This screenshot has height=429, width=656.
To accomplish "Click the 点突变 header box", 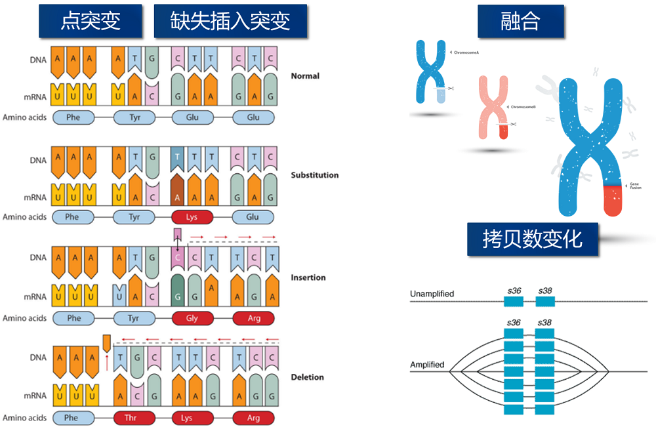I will coord(91,21).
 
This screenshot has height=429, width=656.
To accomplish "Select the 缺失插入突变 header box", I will coord(231,21).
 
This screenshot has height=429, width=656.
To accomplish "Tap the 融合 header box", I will coord(520,21).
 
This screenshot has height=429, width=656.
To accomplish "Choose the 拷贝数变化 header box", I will coord(533,239).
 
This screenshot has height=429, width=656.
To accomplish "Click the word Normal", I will coord(305,76).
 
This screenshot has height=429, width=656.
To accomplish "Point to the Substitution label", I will coord(315,175).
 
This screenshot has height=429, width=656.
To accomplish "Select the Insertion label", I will coord(308,277).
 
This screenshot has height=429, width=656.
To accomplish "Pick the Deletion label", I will coord(308,377).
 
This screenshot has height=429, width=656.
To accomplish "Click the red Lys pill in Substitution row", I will coord(192,216).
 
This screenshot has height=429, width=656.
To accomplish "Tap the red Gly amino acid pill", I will coord(192,318).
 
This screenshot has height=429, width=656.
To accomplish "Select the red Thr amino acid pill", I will coord(134,418).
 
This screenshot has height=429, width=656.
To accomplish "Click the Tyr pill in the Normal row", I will coord(134,117).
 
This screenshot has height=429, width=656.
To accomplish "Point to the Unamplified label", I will coord(432,294).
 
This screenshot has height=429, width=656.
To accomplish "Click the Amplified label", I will coord(427,365).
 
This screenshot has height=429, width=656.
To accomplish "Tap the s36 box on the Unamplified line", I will coord(514,301).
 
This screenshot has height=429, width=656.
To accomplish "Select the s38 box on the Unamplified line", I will coord(545,301).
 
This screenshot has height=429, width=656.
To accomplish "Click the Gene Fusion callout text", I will coord(634,186).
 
